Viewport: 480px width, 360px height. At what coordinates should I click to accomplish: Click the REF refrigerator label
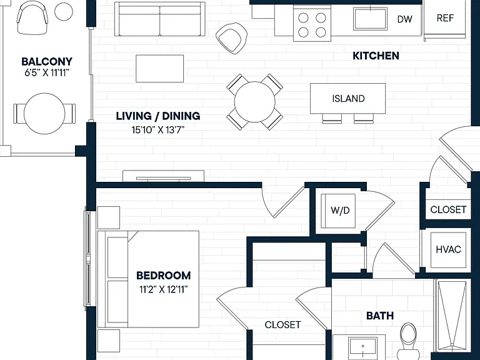pyautogui.click(x=445, y=18)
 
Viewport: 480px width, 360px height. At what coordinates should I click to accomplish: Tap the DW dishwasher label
pyautogui.click(x=405, y=19)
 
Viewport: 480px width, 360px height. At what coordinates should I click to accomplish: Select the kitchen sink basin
pyautogui.click(x=371, y=19)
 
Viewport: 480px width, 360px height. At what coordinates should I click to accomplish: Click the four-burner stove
pyautogui.click(x=312, y=23)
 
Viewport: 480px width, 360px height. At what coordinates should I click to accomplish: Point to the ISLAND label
pyautogui.click(x=348, y=99)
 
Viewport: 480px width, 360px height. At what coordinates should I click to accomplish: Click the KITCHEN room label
pyautogui.click(x=376, y=56)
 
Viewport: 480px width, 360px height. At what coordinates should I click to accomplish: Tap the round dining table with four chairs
pyautogui.click(x=255, y=102)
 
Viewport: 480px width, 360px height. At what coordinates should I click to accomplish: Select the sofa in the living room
pyautogui.click(x=160, y=19)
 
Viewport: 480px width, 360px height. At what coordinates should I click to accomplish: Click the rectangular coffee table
pyautogui.click(x=160, y=69)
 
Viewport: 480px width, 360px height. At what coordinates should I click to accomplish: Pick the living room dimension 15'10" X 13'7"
pyautogui.click(x=158, y=130)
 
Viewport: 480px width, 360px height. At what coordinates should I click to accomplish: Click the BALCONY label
pyautogui.click(x=47, y=61)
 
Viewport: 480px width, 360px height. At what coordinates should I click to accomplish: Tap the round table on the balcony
pyautogui.click(x=44, y=114)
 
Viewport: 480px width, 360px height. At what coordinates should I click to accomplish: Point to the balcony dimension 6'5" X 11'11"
pyautogui.click(x=47, y=73)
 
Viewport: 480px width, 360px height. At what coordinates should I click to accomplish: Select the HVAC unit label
pyautogui.click(x=449, y=249)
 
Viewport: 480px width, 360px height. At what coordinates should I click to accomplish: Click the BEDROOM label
pyautogui.click(x=164, y=276)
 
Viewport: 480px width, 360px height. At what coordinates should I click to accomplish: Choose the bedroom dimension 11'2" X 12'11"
pyautogui.click(x=164, y=289)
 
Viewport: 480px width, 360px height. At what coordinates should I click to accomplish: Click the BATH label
pyautogui.click(x=380, y=316)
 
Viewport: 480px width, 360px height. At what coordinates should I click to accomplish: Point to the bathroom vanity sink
pyautogui.click(x=362, y=348)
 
